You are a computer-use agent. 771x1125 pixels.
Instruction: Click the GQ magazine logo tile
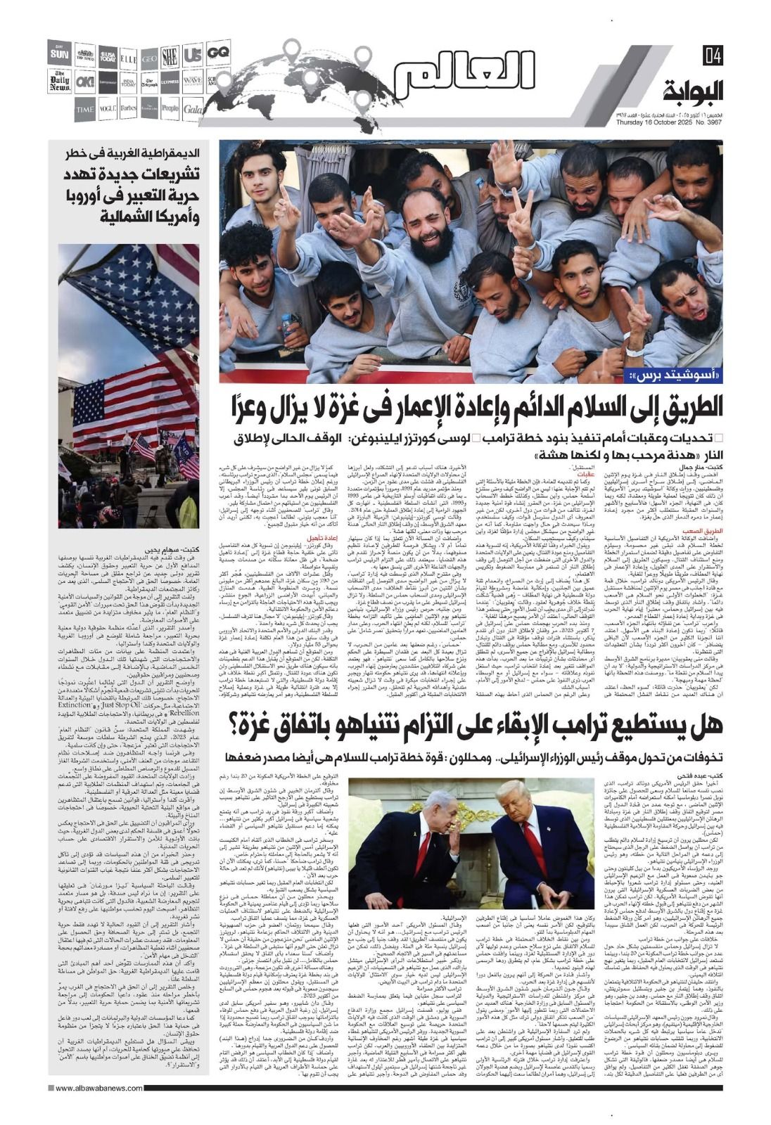pos(219,51)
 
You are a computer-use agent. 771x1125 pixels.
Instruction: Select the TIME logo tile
pos(85,109)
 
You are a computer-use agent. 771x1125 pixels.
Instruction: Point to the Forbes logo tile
pos(128,109)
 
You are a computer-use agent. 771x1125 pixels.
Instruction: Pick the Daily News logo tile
pos(60,81)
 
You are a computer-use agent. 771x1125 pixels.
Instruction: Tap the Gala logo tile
pos(193,109)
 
